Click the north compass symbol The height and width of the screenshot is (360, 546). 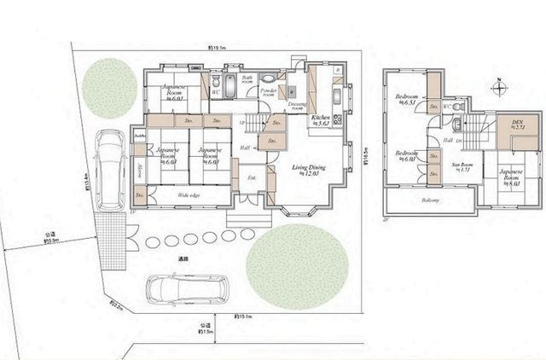(498, 87)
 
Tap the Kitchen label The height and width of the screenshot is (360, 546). (321, 120)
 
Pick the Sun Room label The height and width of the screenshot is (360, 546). (461, 166)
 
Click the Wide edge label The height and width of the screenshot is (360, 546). (189, 196)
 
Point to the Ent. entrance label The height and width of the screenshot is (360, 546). (253, 177)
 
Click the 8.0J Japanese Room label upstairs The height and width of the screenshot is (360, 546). (511, 176)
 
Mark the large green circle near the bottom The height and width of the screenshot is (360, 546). (298, 266)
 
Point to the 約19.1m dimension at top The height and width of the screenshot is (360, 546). (218, 48)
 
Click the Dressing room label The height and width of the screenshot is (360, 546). (298, 106)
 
